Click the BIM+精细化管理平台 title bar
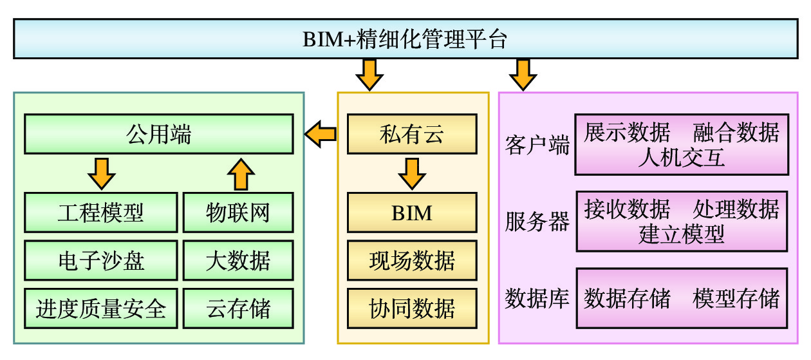[x=405, y=39]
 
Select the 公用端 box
[x=158, y=134]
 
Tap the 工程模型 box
[x=101, y=213]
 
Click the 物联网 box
[x=238, y=213]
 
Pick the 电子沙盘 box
[x=101, y=260]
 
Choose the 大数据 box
[x=238, y=260]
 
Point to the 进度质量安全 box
[x=101, y=308]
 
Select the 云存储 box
[x=238, y=308]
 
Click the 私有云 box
[x=412, y=134]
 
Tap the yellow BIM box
[x=412, y=213]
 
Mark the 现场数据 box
[x=412, y=260]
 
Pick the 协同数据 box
[x=412, y=308]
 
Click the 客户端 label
[x=537, y=145]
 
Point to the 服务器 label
[x=537, y=222]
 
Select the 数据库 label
[x=537, y=298]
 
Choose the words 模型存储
[x=736, y=298]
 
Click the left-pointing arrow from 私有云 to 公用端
[x=321, y=134]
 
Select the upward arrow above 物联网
[x=241, y=174]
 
